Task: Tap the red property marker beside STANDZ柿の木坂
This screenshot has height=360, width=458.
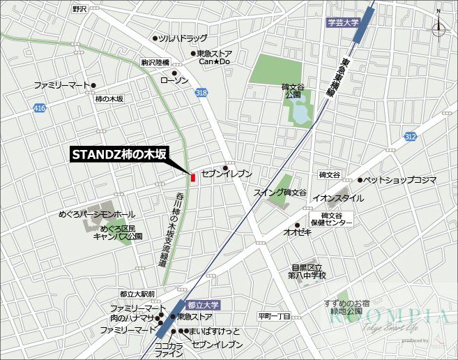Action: [193, 177]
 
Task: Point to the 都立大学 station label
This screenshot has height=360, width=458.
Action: [203, 305]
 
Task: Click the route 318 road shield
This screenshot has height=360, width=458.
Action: [201, 93]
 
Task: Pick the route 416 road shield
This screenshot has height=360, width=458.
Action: [39, 107]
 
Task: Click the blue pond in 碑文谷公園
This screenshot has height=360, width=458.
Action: [302, 111]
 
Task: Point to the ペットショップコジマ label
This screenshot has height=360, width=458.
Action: [400, 180]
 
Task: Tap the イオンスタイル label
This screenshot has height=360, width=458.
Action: [338, 198]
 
